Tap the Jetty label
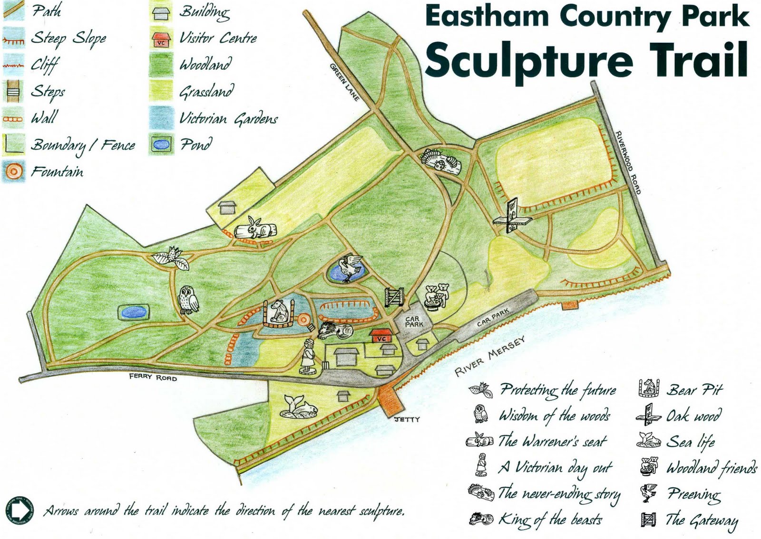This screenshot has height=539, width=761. [x=408, y=419]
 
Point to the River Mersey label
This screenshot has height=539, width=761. [x=490, y=356]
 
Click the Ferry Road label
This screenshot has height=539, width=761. [x=153, y=378]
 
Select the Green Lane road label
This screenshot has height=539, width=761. [x=344, y=82]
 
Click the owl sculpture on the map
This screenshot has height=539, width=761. [x=186, y=300]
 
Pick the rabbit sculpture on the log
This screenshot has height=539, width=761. [x=255, y=227]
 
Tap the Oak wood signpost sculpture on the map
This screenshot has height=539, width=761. [x=512, y=217]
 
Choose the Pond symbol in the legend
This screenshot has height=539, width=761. [x=161, y=145]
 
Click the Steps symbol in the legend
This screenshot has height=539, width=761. [x=12, y=91]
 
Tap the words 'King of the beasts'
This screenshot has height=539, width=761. [x=550, y=520]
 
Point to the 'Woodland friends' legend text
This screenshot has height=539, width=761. [x=711, y=468]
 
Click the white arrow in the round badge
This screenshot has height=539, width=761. [x=20, y=511]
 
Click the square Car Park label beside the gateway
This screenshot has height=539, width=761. [x=413, y=322]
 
